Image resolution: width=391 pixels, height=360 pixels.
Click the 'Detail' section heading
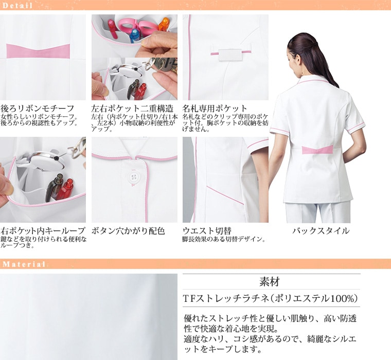[17, 6]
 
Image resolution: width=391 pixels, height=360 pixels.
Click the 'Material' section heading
[24, 264]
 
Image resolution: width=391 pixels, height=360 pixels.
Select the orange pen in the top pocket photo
[164, 24]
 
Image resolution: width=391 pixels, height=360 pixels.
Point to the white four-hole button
[132, 177]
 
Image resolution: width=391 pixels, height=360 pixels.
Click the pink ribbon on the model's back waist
[317, 150]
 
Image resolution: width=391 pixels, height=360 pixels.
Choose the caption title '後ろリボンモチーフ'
[38, 109]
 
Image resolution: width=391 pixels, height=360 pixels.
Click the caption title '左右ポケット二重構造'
[132, 109]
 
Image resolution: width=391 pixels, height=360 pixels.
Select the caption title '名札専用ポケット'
[215, 109]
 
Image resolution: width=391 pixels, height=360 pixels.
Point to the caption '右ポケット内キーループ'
[43, 231]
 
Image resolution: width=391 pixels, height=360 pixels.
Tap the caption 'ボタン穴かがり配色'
[128, 231]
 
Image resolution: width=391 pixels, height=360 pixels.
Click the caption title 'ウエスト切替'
[207, 231]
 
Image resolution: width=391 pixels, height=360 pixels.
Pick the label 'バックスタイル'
[321, 231]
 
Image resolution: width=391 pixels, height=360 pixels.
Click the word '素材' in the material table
[269, 282]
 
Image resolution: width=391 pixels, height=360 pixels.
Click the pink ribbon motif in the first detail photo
[38, 51]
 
